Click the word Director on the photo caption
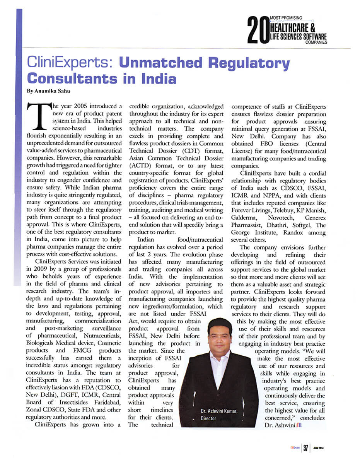[209, 418]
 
